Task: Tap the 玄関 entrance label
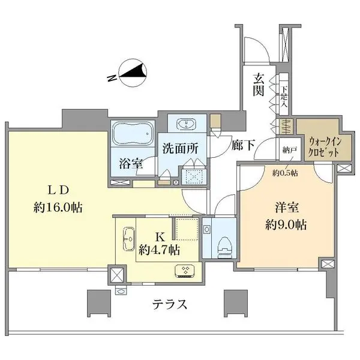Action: point(259,85)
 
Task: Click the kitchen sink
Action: point(127,241)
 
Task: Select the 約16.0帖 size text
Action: point(58,208)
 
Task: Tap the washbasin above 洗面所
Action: point(189,125)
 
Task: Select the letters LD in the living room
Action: point(59,190)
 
